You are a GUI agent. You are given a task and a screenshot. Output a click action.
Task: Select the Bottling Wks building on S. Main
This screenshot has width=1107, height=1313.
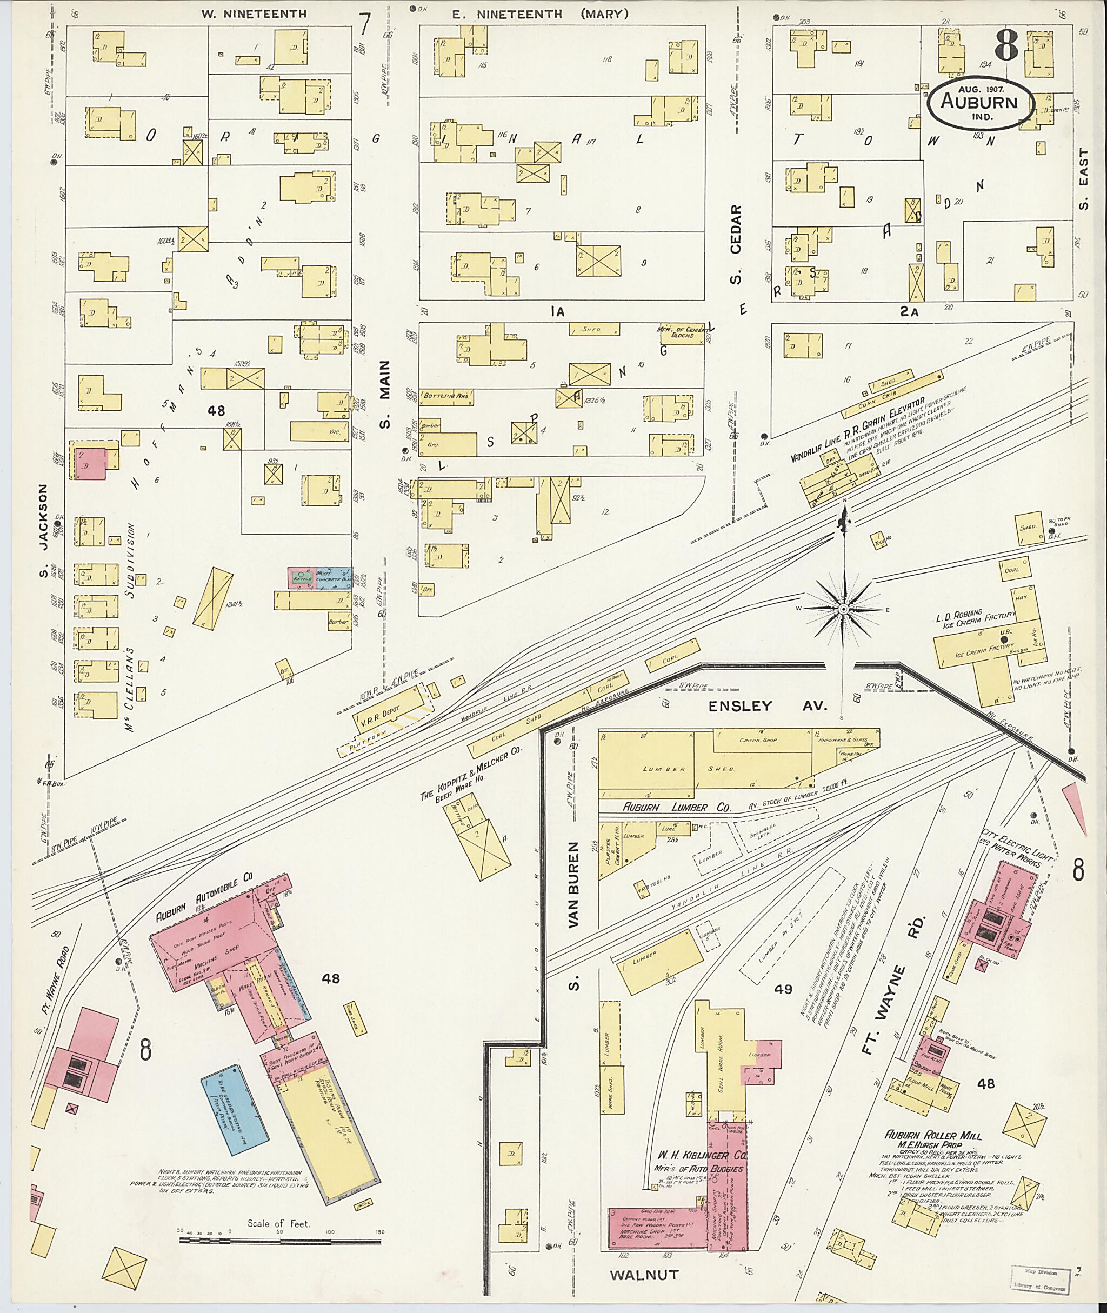point(446,397)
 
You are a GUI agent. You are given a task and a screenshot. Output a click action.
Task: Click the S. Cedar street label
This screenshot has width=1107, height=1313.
point(736,245)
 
